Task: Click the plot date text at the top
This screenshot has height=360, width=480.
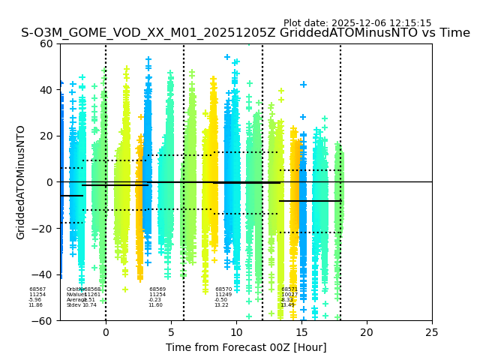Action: coord(357,23)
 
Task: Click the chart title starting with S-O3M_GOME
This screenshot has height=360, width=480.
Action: coord(245,33)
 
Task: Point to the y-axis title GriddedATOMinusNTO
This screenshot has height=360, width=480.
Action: coord(21,182)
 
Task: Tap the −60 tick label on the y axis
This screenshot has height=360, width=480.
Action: coord(44,320)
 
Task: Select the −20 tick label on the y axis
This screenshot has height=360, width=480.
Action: coord(44,228)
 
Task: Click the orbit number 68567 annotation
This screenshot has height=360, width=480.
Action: coord(37,289)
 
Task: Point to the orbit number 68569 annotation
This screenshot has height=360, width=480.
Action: coord(157,289)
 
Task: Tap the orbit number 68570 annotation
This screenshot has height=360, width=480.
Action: coord(223,289)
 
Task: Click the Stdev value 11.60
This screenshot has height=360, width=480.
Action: coord(155,305)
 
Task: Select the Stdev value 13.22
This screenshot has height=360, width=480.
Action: coord(221,305)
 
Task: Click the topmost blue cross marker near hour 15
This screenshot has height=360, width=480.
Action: coord(303,85)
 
